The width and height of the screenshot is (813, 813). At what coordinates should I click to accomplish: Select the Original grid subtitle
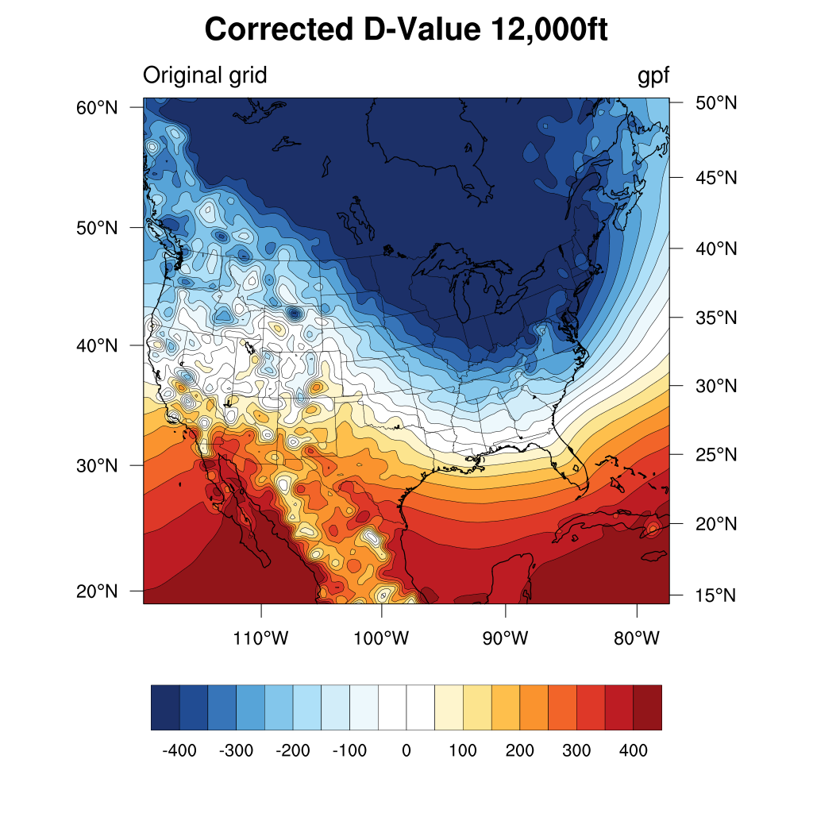coord(205,75)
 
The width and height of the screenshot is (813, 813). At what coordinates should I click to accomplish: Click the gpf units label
coord(653,75)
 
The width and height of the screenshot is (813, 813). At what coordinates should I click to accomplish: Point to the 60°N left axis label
coord(98,107)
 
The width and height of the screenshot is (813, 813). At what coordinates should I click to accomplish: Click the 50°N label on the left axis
coord(98,228)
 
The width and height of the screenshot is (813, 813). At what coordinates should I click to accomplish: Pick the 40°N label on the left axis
coord(98,345)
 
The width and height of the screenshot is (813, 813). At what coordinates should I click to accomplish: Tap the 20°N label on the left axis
coord(98,591)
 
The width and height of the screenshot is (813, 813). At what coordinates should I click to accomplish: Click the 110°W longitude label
coord(262,638)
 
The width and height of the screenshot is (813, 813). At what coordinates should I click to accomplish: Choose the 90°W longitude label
coord(506,638)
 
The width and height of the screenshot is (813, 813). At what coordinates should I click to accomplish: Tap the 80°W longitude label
coord(637,638)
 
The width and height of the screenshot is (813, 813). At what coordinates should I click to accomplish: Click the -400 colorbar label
coord(179,750)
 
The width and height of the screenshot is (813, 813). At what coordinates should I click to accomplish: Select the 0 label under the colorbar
coord(406,750)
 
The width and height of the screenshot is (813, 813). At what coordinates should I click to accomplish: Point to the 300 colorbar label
coord(576,750)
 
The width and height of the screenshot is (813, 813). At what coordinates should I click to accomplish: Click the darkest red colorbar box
coord(647,707)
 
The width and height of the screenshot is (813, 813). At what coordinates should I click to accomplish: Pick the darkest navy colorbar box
coord(165,707)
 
